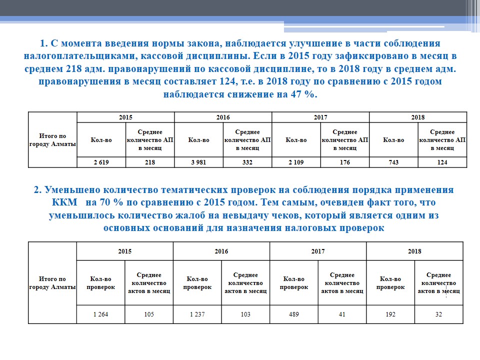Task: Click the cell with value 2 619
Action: pyautogui.click(x=101, y=162)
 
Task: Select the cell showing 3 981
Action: pyautogui.click(x=198, y=162)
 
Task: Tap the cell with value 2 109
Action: pyautogui.click(x=296, y=162)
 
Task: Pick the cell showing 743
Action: pyautogui.click(x=393, y=162)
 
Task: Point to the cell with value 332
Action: pyautogui.click(x=247, y=162)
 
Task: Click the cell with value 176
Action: pyautogui.click(x=344, y=162)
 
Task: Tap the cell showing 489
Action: pyautogui.click(x=294, y=314)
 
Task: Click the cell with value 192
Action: pyautogui.click(x=390, y=314)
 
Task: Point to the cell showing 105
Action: pyautogui.click(x=149, y=314)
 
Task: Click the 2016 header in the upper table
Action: pyautogui.click(x=223, y=117)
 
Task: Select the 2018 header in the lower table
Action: pyautogui.click(x=414, y=251)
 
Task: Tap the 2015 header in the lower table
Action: pyautogui.click(x=124, y=251)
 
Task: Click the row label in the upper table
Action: pyautogui.click(x=52, y=140)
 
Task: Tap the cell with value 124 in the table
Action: pyautogui.click(x=442, y=162)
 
